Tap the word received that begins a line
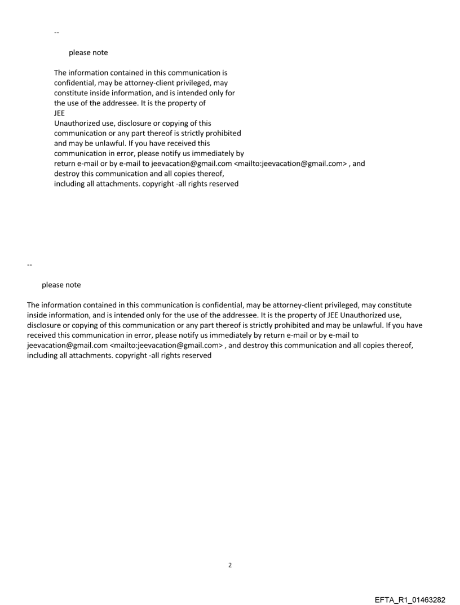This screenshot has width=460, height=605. click(42, 335)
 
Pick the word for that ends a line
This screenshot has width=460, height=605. click(229, 92)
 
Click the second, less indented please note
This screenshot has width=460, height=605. click(61, 285)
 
